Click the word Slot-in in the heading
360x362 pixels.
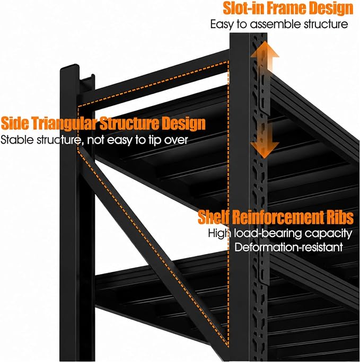(243, 8)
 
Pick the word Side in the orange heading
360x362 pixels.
(15, 123)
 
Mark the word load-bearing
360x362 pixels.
(268, 234)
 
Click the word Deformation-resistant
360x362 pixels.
(288, 248)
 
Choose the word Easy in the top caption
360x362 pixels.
(222, 24)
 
